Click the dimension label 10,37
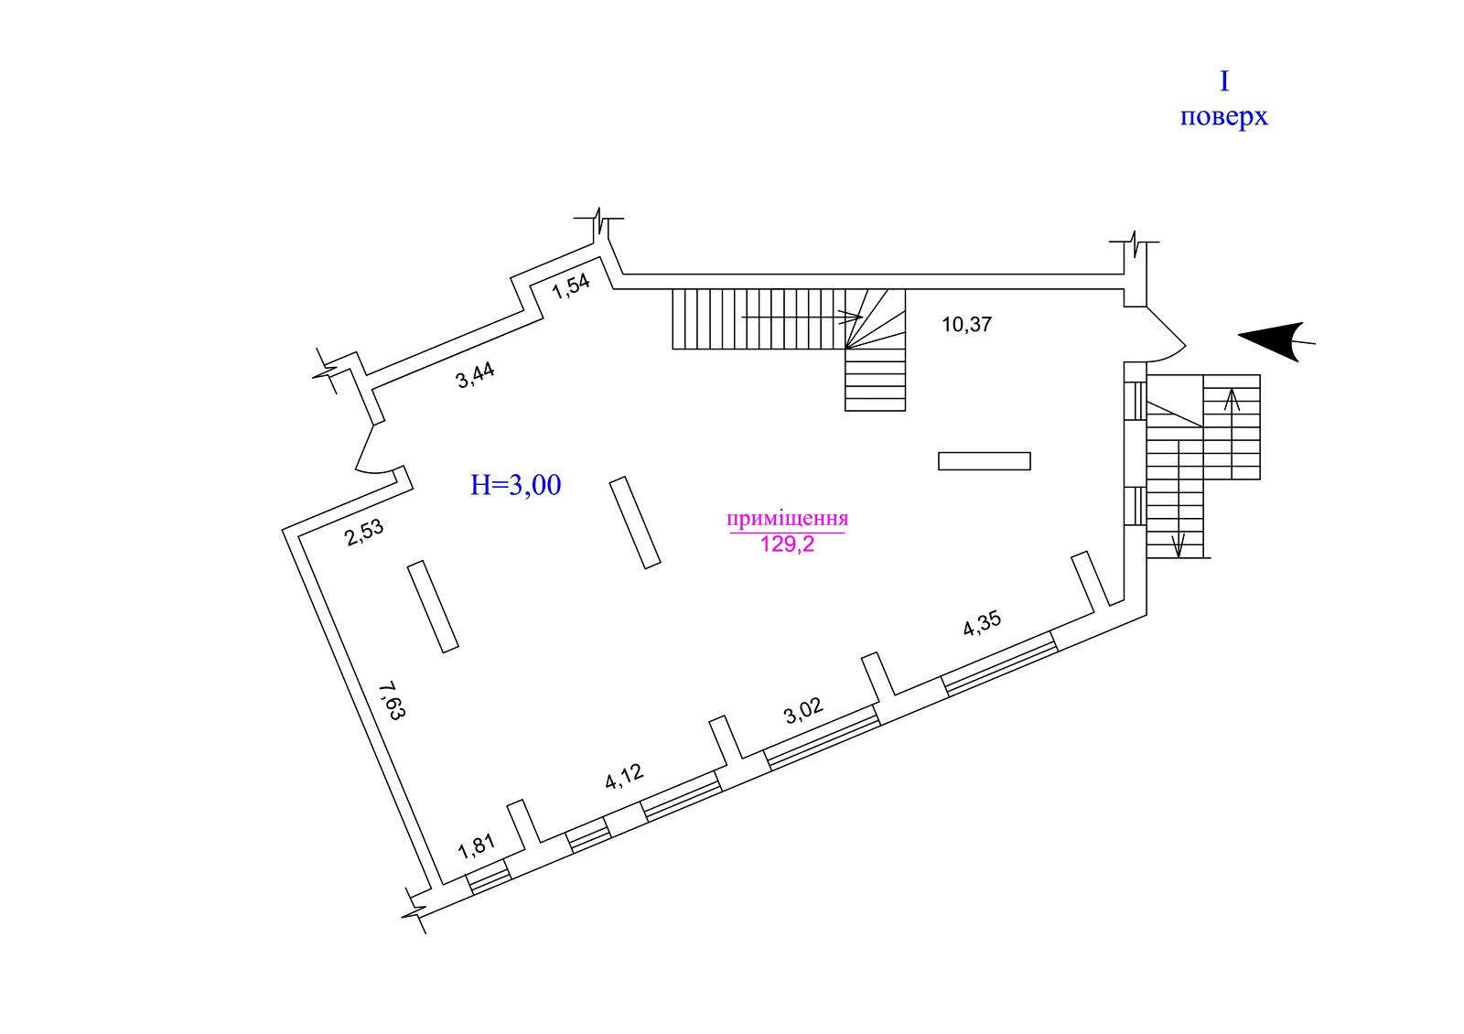point(967,324)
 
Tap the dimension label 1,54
point(572,287)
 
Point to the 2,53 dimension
point(364,533)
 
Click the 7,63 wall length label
point(391,701)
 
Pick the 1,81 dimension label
point(477,846)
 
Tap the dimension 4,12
point(625,777)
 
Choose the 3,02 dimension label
point(804,711)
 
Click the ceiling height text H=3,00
point(515,485)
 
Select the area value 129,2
point(787,546)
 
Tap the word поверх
point(1223,118)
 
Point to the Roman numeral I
point(1223,82)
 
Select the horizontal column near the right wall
point(985,461)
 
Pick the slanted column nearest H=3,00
point(636,522)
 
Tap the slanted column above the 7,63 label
point(433,607)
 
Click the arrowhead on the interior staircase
point(853,318)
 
